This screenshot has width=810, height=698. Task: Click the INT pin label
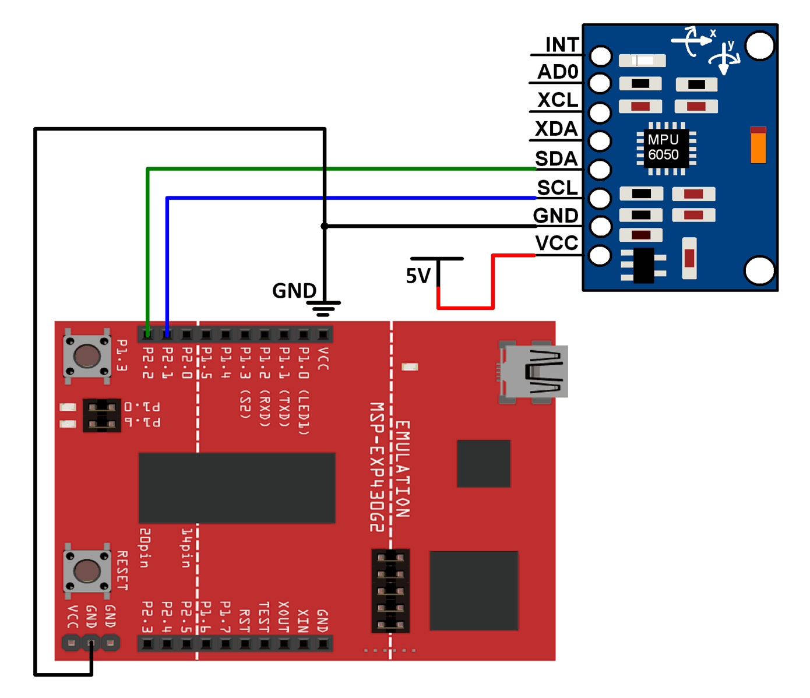pos(561,45)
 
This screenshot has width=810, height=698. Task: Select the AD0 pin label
pos(558,72)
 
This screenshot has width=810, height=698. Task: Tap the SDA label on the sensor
pos(556,158)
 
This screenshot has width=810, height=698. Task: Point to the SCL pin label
pos(557,188)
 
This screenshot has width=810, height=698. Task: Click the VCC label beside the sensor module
pos(557,243)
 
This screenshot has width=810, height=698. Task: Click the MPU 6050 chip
pos(664,147)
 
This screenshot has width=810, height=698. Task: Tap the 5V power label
pos(418,276)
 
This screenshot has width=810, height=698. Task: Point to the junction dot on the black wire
pos(325,226)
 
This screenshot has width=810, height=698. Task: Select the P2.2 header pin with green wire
pos(148,334)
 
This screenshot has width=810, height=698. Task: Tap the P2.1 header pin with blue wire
pos(167,334)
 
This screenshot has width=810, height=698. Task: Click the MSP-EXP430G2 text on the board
pos(377,467)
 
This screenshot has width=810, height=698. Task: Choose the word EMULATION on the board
pos(402,469)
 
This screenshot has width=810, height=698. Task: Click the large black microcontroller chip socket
pos(237,488)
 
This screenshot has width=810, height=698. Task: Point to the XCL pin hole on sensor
pos(600,112)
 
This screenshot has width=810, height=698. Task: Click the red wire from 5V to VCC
pos(493,283)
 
